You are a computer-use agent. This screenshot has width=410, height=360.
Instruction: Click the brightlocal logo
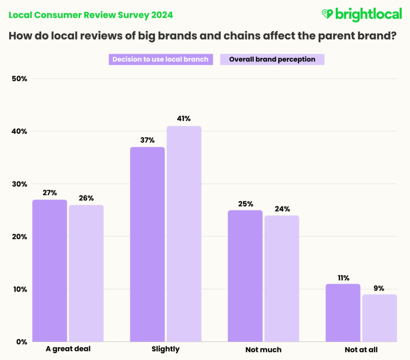pyautogui.click(x=361, y=14)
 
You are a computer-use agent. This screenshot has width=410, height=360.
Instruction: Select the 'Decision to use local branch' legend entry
pyautogui.click(x=160, y=60)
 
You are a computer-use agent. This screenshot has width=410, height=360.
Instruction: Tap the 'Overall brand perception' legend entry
pyautogui.click(x=272, y=60)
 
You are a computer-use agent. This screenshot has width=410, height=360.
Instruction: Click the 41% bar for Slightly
pyautogui.click(x=184, y=233)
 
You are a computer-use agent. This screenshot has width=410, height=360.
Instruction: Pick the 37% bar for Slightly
pyautogui.click(x=147, y=244)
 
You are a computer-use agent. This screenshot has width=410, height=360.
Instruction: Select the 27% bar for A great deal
pyautogui.click(x=50, y=270)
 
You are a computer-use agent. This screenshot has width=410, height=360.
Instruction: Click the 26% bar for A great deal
pyautogui.click(x=86, y=273)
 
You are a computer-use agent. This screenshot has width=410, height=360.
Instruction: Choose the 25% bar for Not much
pyautogui.click(x=245, y=276)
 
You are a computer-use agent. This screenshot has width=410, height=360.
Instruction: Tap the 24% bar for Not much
pyautogui.click(x=281, y=278)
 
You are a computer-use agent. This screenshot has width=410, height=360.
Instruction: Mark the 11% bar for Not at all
pyautogui.click(x=342, y=312)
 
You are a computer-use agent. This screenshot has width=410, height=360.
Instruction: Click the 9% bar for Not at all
pyautogui.click(x=379, y=318)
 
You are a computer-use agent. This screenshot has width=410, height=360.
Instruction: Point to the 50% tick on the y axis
pyautogui.click(x=19, y=79)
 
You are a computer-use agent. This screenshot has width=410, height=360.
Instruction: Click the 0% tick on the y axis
pyautogui.click(x=21, y=342)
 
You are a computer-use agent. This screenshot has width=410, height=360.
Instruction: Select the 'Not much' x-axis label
pyautogui.click(x=263, y=350)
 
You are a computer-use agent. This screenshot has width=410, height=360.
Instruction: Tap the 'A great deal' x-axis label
pyautogui.click(x=68, y=349)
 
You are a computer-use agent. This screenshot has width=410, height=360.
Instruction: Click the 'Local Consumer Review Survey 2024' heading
pyautogui.click(x=91, y=15)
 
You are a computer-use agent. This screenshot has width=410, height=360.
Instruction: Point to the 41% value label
pyautogui.click(x=184, y=119)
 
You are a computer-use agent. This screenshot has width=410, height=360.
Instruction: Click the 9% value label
pyautogui.click(x=379, y=288)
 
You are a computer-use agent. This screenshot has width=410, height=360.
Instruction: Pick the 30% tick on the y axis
pyautogui.click(x=19, y=184)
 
